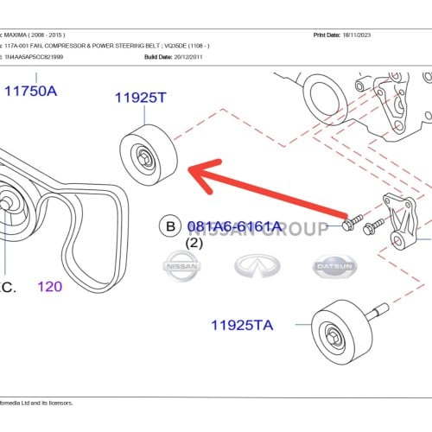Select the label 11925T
(x=140, y=98)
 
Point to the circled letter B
(x=170, y=227)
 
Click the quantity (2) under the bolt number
(x=194, y=244)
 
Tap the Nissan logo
(x=182, y=267)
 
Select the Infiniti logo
(x=260, y=267)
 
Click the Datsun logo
(x=334, y=267)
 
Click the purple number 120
(x=49, y=286)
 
